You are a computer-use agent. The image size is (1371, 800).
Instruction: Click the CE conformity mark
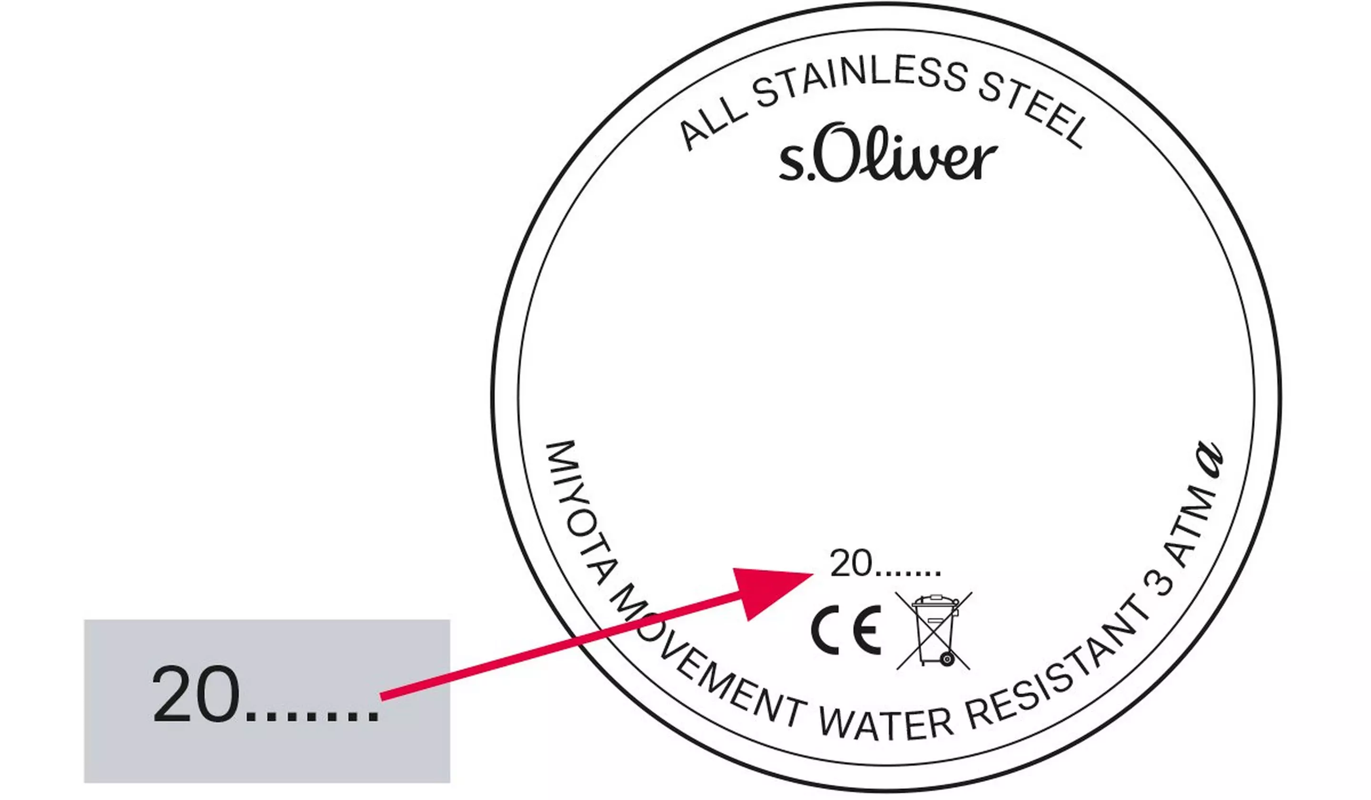pyautogui.click(x=845, y=630)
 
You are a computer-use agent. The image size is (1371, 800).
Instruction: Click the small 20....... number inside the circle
pyautogui.click(x=884, y=564)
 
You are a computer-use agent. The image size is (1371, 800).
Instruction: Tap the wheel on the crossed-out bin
pyautogui.click(x=947, y=659)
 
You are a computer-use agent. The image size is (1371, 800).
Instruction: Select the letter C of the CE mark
pyautogui.click(x=824, y=630)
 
